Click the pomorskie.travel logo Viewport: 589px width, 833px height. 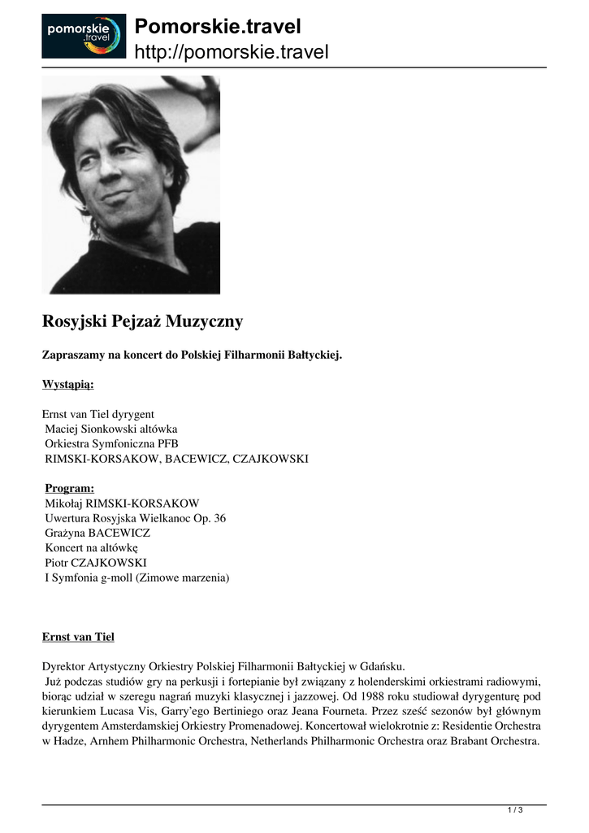[84, 36]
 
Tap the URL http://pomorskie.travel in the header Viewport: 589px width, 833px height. [231, 53]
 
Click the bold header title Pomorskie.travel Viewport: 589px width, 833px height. [217, 27]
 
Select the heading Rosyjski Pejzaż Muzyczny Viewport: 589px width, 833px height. [142, 321]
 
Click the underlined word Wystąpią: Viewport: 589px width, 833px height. [67, 383]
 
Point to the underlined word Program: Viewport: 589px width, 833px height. [70, 488]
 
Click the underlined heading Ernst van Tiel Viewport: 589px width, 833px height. [84, 635]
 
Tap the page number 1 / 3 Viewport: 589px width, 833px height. [515, 809]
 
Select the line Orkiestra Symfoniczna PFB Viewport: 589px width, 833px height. [111, 443]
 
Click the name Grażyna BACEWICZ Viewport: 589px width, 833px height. [97, 533]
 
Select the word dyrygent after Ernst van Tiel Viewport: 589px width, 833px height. [132, 413]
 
